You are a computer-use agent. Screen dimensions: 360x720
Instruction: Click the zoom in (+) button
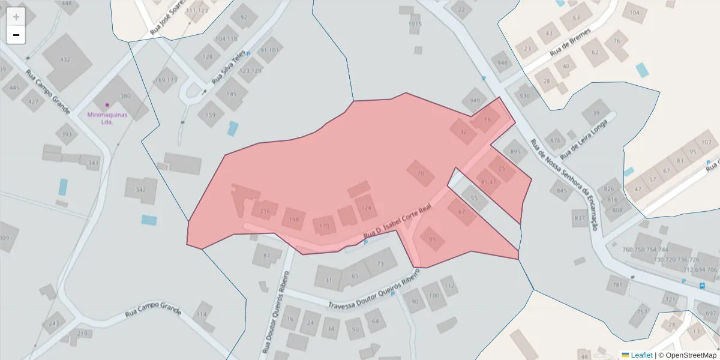point(16,17)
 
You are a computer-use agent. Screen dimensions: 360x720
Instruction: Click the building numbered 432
point(65,60)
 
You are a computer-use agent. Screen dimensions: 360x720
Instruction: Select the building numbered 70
point(420,173)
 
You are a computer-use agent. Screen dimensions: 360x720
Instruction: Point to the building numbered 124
point(367,208)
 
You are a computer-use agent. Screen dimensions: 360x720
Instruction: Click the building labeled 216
point(265,211)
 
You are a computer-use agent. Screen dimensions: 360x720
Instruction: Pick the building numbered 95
point(433,239)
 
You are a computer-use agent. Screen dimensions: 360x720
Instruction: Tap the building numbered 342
point(141,190)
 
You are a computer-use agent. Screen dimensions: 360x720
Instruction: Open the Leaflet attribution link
point(641,355)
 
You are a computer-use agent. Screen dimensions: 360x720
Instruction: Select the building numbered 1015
point(415,24)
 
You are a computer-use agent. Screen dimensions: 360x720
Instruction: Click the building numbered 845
point(562,191)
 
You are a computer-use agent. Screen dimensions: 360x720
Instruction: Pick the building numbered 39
point(596,113)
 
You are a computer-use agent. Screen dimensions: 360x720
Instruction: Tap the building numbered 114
point(201,314)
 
